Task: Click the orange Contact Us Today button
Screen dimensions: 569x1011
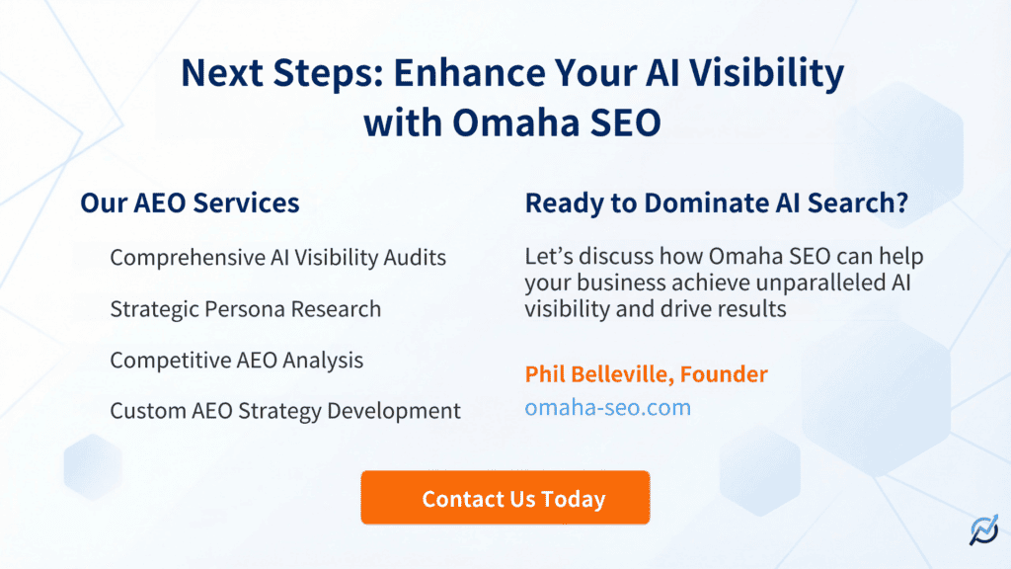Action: (505, 498)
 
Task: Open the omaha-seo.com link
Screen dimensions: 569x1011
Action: (607, 407)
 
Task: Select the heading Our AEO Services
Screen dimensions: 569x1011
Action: (190, 203)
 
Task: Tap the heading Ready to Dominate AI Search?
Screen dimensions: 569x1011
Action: (717, 203)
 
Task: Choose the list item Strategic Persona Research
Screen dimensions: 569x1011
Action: (245, 309)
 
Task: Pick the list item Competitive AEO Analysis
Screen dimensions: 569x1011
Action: (236, 361)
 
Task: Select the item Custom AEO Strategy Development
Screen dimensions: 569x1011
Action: (285, 411)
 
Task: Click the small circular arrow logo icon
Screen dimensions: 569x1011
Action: (982, 531)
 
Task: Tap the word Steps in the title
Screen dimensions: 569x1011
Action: (333, 73)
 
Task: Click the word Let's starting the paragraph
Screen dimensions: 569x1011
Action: (550, 258)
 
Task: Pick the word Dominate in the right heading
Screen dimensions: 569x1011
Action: (708, 203)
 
